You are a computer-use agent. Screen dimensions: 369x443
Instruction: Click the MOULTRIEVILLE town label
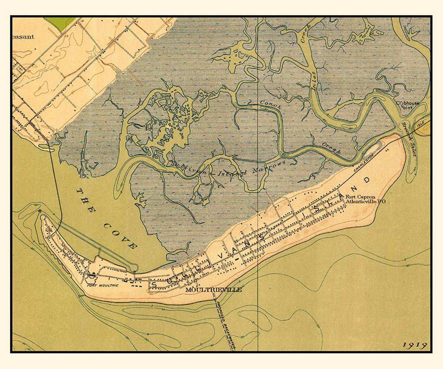(x=213, y=289)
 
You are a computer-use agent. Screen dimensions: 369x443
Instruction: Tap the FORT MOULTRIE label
(x=96, y=287)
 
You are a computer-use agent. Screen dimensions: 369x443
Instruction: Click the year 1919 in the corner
(x=415, y=345)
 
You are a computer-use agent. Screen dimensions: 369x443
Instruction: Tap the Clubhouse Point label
(x=407, y=105)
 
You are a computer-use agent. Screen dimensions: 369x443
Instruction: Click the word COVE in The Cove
(x=120, y=236)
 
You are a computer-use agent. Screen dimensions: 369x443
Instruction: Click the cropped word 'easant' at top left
(x=23, y=36)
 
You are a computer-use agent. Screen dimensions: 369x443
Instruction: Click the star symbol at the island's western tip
(x=39, y=211)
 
